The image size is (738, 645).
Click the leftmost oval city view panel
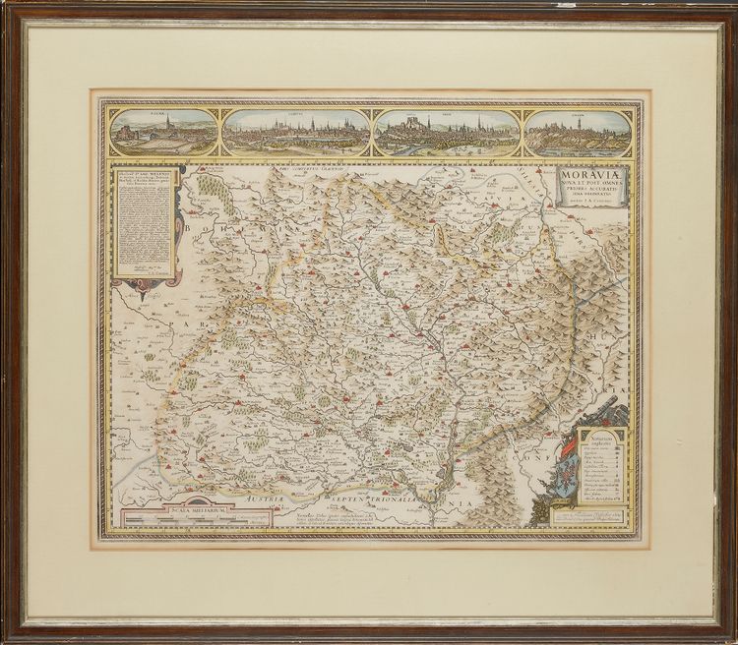click(x=164, y=132)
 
